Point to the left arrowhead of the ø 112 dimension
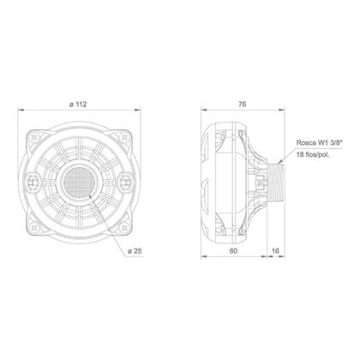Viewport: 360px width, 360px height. (22, 112)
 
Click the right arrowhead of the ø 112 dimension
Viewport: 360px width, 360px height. (137, 112)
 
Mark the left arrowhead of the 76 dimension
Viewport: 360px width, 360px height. (203, 112)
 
